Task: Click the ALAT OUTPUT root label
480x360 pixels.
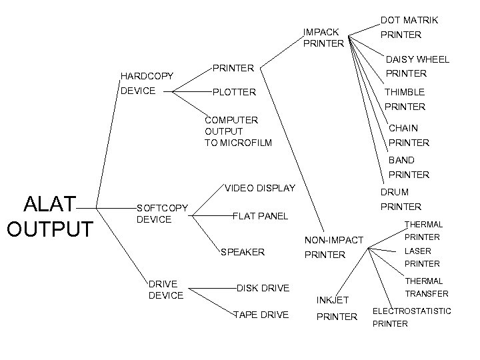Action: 49,216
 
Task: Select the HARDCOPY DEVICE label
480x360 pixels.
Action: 147,83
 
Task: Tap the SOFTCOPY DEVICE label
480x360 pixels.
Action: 161,213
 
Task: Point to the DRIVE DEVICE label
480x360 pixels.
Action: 165,289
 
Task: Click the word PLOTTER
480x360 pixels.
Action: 233,91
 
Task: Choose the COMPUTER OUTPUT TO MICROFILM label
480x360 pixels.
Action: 238,131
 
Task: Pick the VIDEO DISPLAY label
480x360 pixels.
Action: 260,188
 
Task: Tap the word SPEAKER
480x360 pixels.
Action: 242,252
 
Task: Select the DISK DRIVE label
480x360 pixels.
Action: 263,288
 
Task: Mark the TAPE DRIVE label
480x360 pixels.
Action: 261,315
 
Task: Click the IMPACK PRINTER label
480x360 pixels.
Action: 323,37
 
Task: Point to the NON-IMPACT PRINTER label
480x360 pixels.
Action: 333,247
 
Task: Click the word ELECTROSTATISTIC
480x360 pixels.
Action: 411,311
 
